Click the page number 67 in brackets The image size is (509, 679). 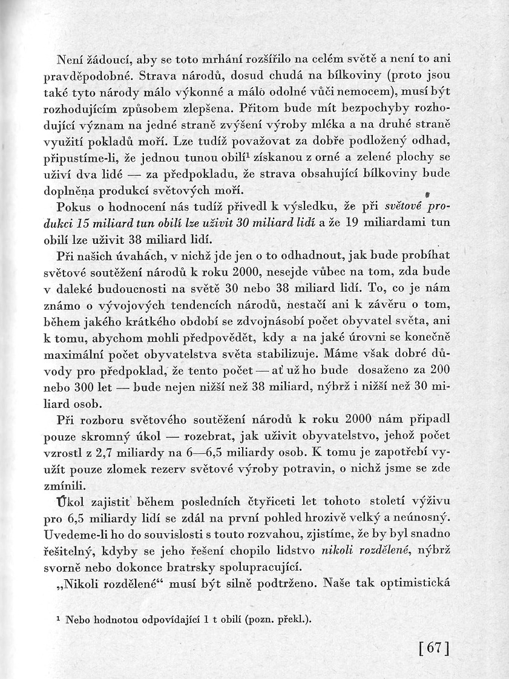(x=434, y=648)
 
